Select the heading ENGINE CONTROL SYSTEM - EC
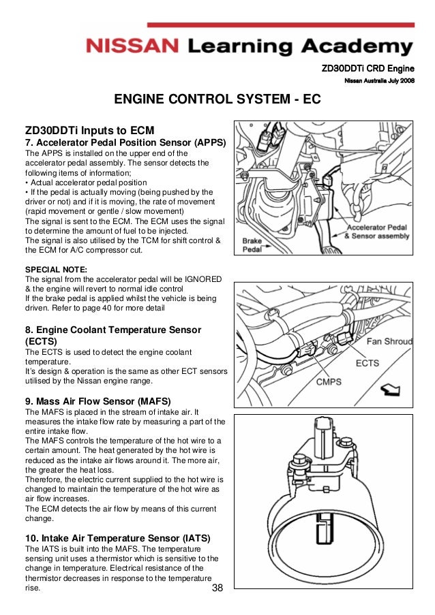coord(217,100)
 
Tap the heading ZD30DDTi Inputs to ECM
coord(90,129)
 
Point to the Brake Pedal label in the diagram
coord(253,245)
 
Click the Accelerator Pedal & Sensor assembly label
coord(376,232)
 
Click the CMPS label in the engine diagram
coord(328,382)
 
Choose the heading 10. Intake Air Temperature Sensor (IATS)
coord(118,538)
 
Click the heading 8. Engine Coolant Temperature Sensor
coord(112,330)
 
